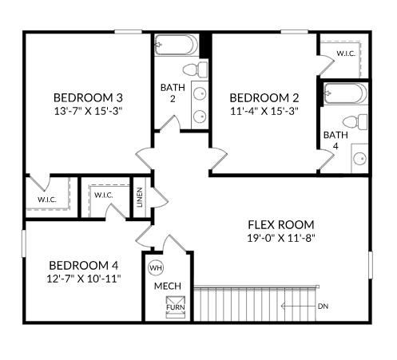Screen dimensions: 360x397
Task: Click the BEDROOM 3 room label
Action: point(88,97)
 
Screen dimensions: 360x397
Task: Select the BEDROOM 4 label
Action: point(84,265)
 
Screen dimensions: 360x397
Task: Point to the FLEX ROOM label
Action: point(280,224)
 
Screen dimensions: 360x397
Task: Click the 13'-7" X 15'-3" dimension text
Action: point(88,111)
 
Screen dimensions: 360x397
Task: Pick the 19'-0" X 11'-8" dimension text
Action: point(280,238)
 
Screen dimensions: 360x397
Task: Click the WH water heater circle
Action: point(156,267)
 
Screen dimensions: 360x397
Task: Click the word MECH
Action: point(168,286)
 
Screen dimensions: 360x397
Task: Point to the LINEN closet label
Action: point(141,196)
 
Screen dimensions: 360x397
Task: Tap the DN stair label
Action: point(323,306)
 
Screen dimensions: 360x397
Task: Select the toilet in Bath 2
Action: point(193,69)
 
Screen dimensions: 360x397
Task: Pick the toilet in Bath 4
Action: point(361,122)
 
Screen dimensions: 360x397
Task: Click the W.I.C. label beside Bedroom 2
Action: point(345,53)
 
